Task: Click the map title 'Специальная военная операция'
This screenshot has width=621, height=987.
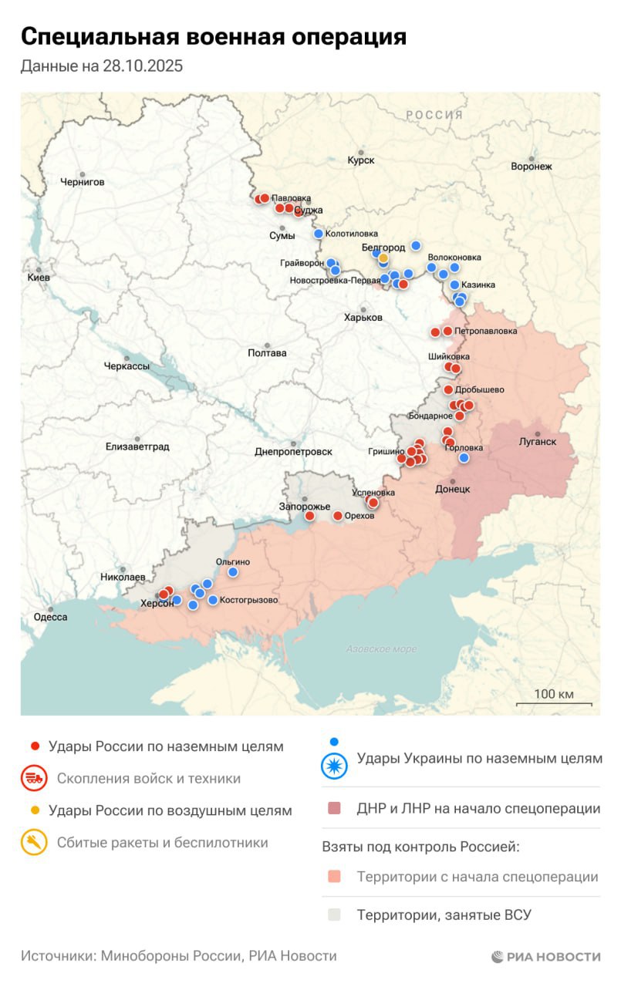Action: click(213, 36)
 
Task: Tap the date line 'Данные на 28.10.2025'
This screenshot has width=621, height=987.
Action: click(101, 66)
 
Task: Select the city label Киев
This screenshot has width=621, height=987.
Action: click(38, 277)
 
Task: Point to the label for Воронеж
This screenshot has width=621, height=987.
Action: click(531, 166)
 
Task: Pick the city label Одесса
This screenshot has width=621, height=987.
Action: click(50, 617)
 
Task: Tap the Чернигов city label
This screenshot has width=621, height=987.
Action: click(82, 182)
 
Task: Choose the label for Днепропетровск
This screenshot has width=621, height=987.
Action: click(293, 452)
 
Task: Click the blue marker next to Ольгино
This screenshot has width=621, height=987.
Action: click(233, 572)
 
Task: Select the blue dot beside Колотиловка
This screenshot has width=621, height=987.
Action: click(318, 234)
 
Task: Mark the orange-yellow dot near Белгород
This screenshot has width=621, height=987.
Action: click(383, 258)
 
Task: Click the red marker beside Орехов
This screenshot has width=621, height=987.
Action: click(337, 516)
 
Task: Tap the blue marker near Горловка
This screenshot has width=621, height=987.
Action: click(464, 458)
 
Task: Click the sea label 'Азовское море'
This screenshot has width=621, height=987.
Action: click(381, 649)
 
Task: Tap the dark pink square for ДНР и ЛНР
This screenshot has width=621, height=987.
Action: click(334, 809)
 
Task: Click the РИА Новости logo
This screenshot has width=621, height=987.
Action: click(545, 957)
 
